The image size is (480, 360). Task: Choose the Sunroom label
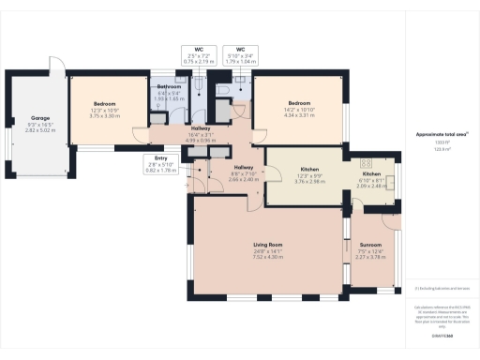[x=371, y=222]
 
